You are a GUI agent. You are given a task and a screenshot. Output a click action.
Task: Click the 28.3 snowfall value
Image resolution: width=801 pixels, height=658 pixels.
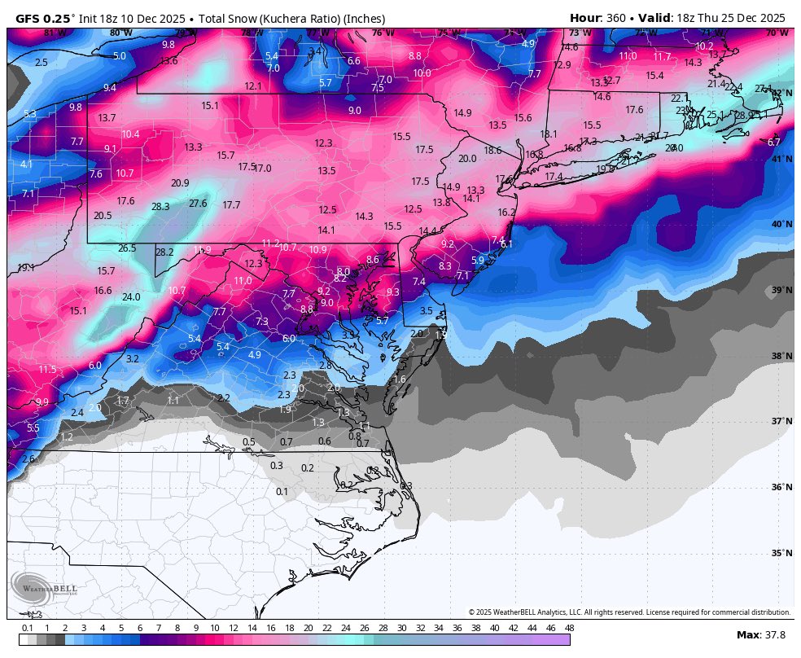(160, 207)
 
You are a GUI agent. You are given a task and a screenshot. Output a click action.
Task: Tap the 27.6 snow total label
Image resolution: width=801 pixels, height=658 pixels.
(198, 204)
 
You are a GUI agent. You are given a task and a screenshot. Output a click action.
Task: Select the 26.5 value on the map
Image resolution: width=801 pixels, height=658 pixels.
(127, 248)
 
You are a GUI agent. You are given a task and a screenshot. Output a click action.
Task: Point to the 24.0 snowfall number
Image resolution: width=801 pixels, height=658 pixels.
(131, 297)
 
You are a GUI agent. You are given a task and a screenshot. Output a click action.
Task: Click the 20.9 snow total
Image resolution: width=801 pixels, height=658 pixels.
(180, 183)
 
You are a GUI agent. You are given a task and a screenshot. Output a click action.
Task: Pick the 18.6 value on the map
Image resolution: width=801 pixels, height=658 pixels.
(492, 151)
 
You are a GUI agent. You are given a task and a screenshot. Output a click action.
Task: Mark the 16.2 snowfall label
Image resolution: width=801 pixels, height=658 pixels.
(506, 213)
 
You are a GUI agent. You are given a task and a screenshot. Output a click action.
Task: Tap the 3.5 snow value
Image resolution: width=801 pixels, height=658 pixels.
(426, 311)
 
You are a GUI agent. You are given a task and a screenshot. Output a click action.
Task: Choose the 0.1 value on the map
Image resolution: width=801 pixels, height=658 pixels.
(282, 492)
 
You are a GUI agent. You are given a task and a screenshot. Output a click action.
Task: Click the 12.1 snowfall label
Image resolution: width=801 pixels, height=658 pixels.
(253, 86)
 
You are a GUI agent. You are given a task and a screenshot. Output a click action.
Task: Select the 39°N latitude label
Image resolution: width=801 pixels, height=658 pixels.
(781, 291)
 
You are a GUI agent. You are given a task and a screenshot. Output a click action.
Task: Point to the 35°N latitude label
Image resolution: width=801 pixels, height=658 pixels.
(781, 554)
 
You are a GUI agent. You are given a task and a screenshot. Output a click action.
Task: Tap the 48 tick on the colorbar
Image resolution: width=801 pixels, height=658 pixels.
(569, 628)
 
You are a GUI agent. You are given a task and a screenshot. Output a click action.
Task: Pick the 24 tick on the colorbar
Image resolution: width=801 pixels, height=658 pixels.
(345, 628)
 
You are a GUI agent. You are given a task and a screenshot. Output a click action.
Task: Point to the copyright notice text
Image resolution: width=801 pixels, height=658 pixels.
(629, 612)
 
